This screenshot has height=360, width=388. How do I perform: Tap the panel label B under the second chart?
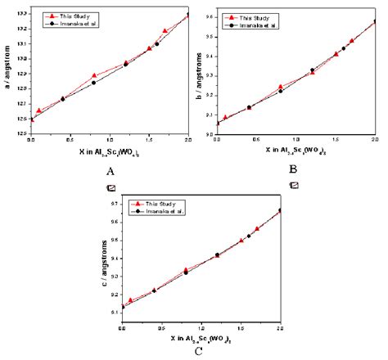point(292,169)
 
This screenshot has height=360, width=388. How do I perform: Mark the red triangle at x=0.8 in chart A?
point(94,76)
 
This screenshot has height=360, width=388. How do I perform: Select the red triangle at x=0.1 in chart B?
point(226,118)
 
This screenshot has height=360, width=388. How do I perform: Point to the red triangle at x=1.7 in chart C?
point(257,229)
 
